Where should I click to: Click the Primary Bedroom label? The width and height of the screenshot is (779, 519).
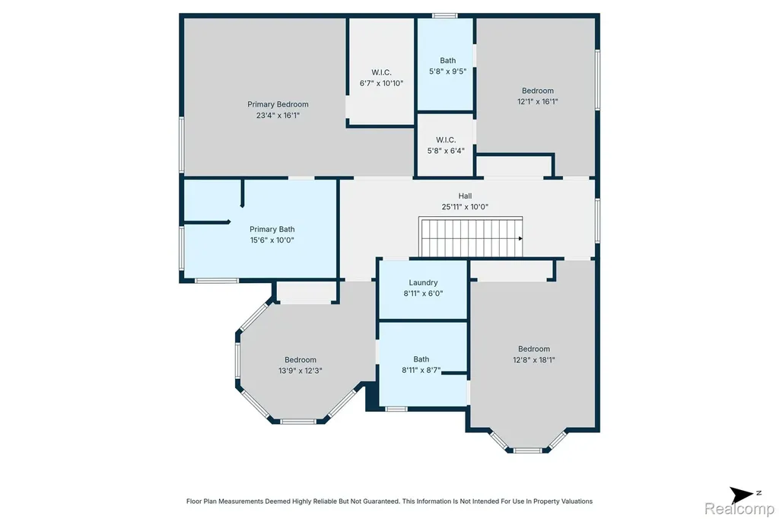click(278, 104)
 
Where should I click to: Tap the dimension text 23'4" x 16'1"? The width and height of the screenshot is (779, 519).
click(278, 116)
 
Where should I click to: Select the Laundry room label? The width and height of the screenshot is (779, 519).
click(423, 283)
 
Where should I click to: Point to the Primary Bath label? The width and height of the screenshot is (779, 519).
click(272, 229)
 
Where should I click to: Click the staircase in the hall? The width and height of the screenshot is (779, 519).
click(470, 237)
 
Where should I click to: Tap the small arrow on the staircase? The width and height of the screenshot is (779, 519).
click(520, 239)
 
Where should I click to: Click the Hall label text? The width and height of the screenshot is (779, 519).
click(465, 196)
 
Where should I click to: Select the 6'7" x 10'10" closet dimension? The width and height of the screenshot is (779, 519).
click(382, 84)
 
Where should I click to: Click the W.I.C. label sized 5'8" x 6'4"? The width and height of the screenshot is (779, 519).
click(446, 140)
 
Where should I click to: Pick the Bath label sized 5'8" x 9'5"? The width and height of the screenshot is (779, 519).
click(447, 61)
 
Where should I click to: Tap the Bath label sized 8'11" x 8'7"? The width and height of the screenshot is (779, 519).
click(421, 359)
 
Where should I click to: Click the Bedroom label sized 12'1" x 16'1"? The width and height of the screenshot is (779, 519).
click(538, 91)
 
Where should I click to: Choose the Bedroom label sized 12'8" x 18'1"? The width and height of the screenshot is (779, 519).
click(534, 349)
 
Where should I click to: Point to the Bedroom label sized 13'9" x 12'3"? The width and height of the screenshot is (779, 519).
click(300, 360)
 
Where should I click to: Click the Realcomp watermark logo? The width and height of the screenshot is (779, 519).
click(739, 508)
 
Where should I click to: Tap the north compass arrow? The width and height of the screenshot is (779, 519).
click(741, 495)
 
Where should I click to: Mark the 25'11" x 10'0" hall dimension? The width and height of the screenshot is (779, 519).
click(465, 207)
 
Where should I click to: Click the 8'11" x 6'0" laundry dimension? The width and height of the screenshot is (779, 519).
click(423, 293)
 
